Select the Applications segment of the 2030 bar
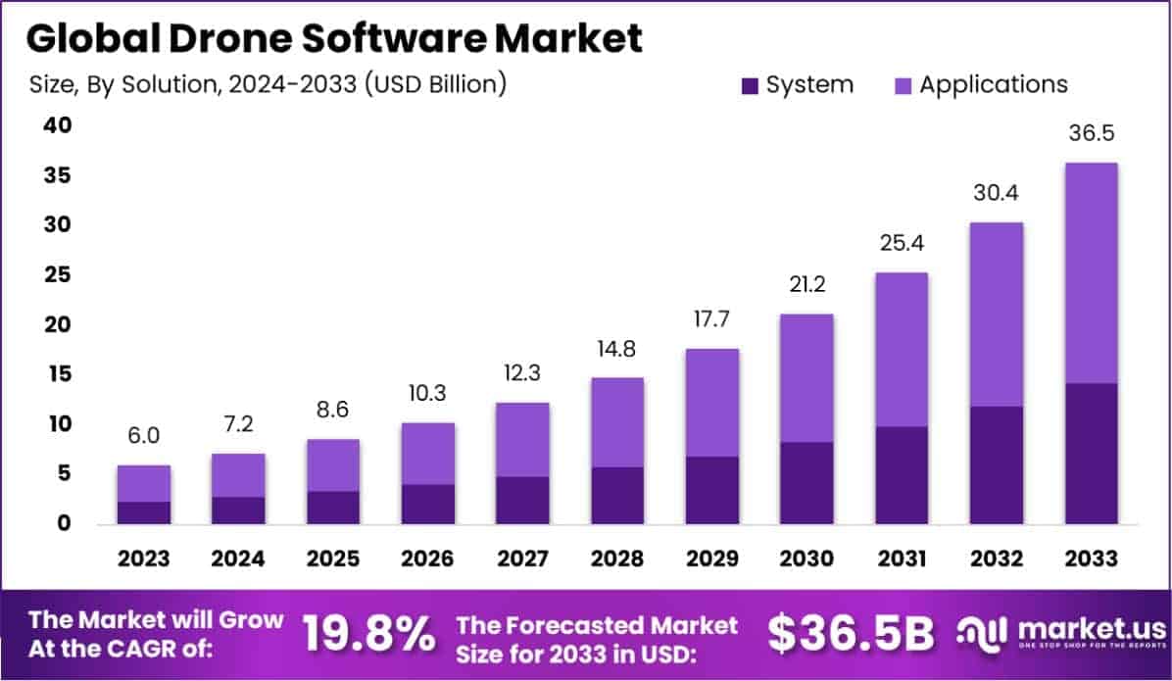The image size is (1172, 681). [806, 378]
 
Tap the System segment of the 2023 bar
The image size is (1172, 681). [143, 513]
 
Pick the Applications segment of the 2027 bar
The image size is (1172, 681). [522, 440]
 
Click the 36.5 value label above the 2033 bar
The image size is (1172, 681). [1091, 133]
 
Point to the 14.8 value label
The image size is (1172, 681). [616, 348]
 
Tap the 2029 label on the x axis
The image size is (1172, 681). [711, 559]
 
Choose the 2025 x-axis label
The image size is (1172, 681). [332, 559]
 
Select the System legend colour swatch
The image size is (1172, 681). [750, 85]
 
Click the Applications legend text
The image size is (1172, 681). [993, 84]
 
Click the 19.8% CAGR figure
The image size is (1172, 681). [367, 634]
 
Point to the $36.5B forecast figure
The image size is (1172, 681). [851, 634]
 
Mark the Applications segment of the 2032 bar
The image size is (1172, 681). [996, 315]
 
